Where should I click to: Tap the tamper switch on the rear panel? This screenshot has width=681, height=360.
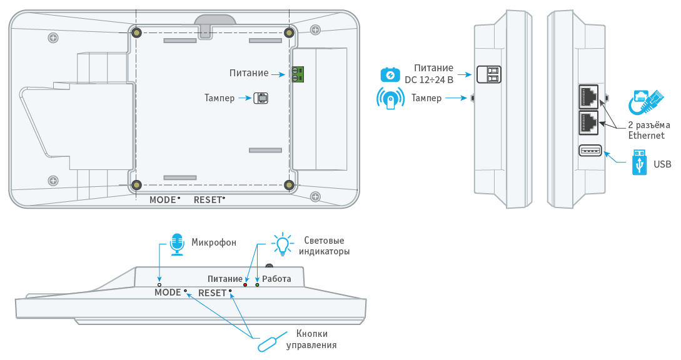click(x=260, y=97)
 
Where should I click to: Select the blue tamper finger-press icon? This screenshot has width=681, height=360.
click(x=390, y=99)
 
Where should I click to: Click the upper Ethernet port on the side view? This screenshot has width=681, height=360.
click(x=589, y=96)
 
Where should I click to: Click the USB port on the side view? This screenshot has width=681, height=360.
click(x=590, y=151)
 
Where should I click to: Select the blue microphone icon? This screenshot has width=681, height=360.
click(x=178, y=244)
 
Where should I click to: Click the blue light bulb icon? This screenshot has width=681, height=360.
click(x=283, y=244)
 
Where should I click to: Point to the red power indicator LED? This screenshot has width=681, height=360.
click(x=245, y=285)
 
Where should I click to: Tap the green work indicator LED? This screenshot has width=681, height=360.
click(x=257, y=285)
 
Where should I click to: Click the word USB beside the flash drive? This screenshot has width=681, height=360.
click(x=662, y=164)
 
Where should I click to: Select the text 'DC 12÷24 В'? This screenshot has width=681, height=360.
click(x=429, y=79)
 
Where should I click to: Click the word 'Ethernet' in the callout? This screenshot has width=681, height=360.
click(x=647, y=135)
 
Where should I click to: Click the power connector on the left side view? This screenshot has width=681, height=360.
click(x=489, y=74)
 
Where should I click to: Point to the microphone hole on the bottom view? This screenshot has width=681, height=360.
click(x=159, y=284)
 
